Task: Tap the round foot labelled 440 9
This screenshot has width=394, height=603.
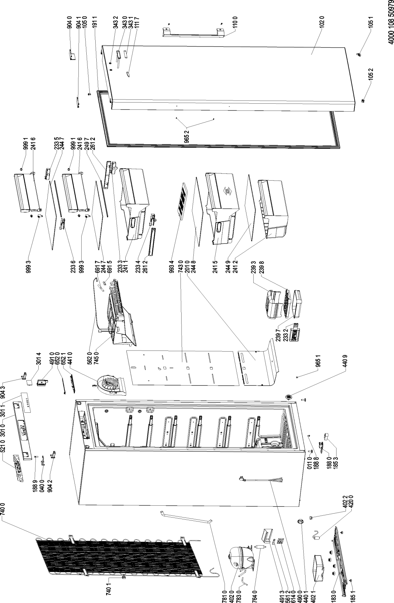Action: tap(288, 397)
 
